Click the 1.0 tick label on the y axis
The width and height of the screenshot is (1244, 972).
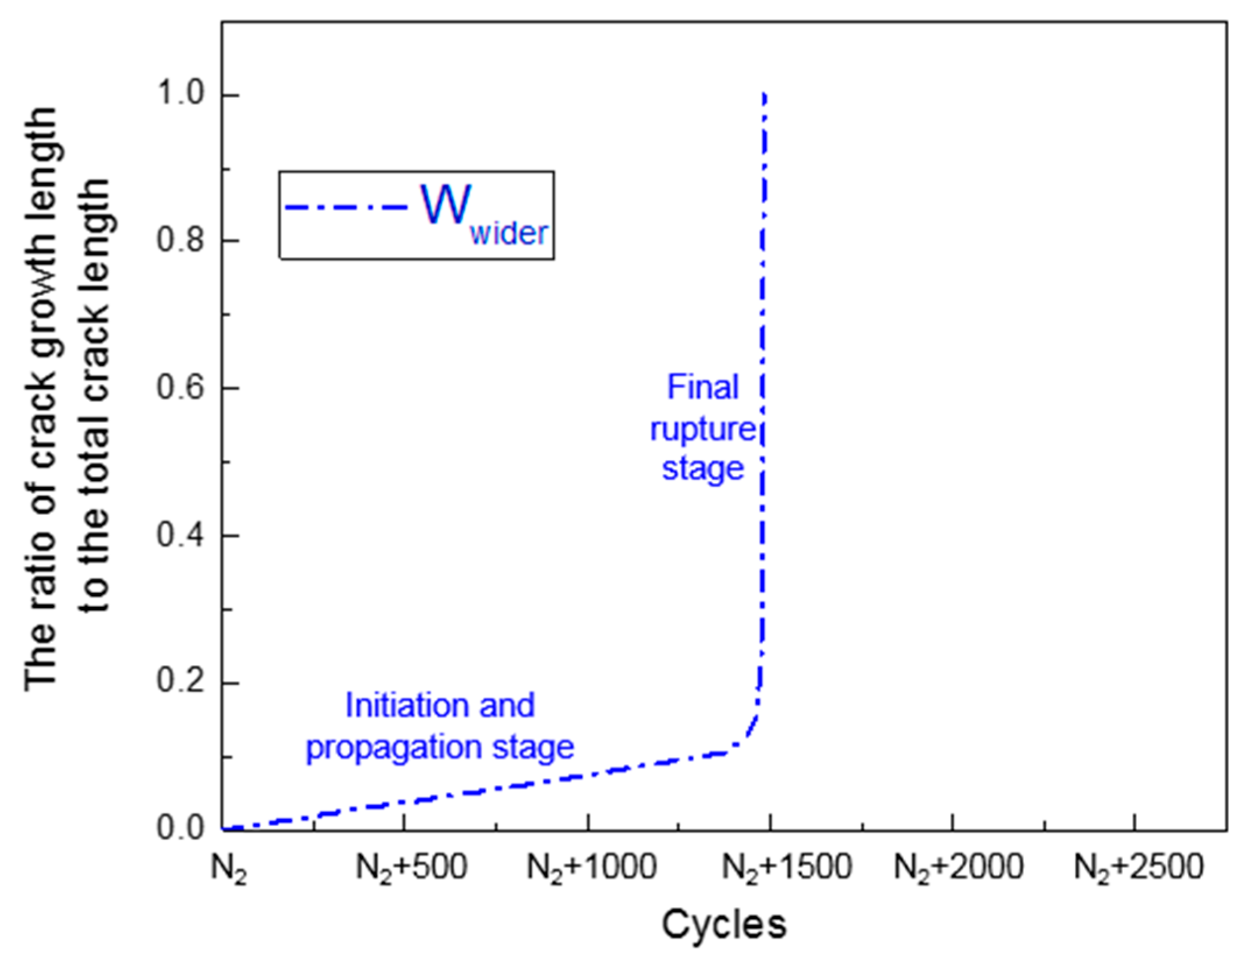(x=182, y=95)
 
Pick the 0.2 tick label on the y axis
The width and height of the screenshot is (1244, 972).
(x=182, y=683)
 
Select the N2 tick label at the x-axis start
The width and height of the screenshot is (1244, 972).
(x=228, y=870)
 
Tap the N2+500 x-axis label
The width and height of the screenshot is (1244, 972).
(x=411, y=868)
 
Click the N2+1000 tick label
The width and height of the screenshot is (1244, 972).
(x=592, y=868)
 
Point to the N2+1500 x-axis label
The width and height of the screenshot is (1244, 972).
(x=787, y=868)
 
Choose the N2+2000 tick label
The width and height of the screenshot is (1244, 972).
(x=959, y=868)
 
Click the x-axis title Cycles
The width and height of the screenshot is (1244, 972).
(x=724, y=925)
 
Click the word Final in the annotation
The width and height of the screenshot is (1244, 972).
(x=702, y=387)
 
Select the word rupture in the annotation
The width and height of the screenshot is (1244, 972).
(x=702, y=430)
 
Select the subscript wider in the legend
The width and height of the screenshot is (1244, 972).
(x=508, y=234)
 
